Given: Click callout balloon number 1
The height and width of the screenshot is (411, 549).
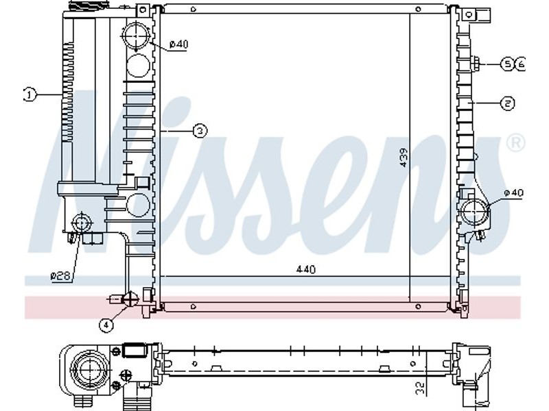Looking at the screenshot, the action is tap(30, 95).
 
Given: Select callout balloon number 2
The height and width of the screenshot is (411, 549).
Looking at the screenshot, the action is tap(507, 103).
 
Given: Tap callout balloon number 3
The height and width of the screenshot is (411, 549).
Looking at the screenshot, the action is tap(200, 131).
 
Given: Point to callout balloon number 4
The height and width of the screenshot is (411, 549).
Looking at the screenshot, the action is tap(106, 325).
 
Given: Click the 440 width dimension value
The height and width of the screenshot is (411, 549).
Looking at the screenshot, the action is tap(305, 269).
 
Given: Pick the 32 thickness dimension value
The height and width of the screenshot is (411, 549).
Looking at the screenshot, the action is tap(420, 387).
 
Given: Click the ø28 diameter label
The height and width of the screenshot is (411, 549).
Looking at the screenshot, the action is tap(60, 276).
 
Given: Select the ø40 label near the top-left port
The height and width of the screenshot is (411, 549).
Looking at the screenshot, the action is tap(178, 45).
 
